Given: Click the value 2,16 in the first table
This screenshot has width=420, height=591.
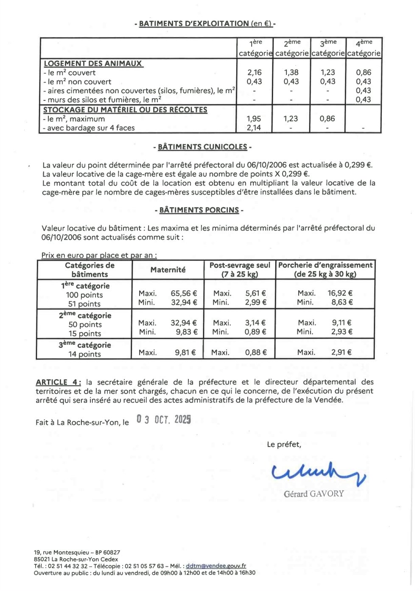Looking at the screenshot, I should pyautogui.click(x=255, y=72).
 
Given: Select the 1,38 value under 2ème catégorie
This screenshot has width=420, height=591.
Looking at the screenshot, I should pyautogui.click(x=291, y=72).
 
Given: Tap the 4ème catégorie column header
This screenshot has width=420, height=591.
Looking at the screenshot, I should pyautogui.click(x=364, y=48).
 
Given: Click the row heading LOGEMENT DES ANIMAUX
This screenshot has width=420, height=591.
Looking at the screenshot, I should pyautogui.click(x=93, y=64).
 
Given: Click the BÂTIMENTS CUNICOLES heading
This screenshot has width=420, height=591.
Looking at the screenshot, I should pyautogui.click(x=202, y=147).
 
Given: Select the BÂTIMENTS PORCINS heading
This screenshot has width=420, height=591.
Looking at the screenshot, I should pyautogui.click(x=199, y=210).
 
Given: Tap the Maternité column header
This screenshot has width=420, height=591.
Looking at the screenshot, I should pyautogui.click(x=168, y=269).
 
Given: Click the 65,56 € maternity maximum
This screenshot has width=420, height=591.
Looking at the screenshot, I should pyautogui.click(x=184, y=293).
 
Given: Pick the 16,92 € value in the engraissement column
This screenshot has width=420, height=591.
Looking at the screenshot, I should pyautogui.click(x=340, y=293).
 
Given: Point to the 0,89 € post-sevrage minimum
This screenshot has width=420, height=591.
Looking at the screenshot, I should pyautogui.click(x=255, y=332).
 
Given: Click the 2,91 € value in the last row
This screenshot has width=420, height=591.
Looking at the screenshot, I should pyautogui.click(x=342, y=352).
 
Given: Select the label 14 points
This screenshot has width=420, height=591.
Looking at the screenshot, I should pyautogui.click(x=84, y=354).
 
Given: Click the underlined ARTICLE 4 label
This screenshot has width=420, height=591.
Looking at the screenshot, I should pyautogui.click(x=59, y=382).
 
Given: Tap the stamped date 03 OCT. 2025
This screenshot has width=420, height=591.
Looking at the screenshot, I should pyautogui.click(x=164, y=419).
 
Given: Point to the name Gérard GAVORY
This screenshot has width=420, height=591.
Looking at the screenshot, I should pyautogui.click(x=314, y=494).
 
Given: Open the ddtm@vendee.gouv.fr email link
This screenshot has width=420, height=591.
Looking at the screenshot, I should pyautogui.click(x=216, y=566).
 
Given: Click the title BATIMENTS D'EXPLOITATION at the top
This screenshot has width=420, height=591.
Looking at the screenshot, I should pyautogui.click(x=205, y=24).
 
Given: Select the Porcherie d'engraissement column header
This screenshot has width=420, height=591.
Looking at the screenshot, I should pyautogui.click(x=325, y=269).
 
